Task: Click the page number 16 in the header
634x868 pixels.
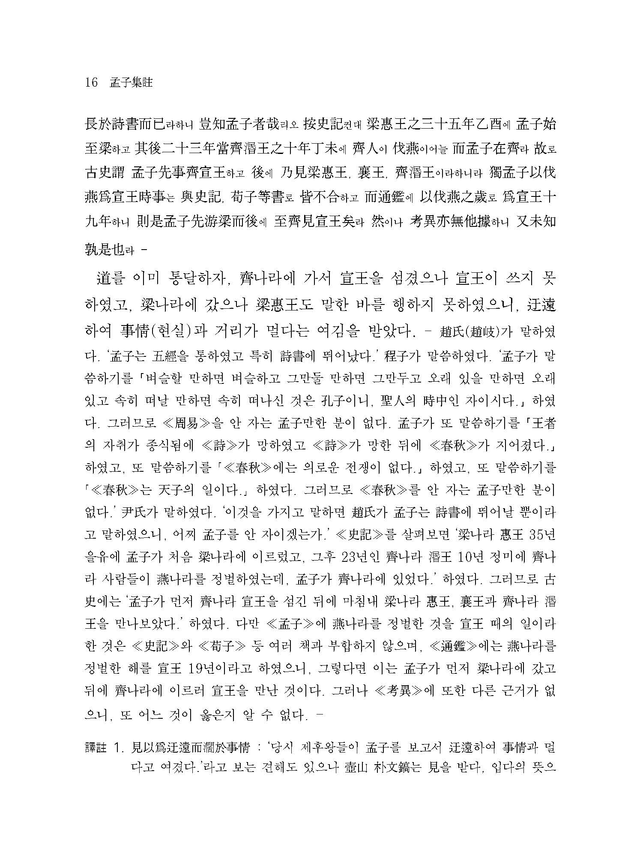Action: [92, 83]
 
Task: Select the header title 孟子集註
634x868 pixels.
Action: [132, 83]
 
